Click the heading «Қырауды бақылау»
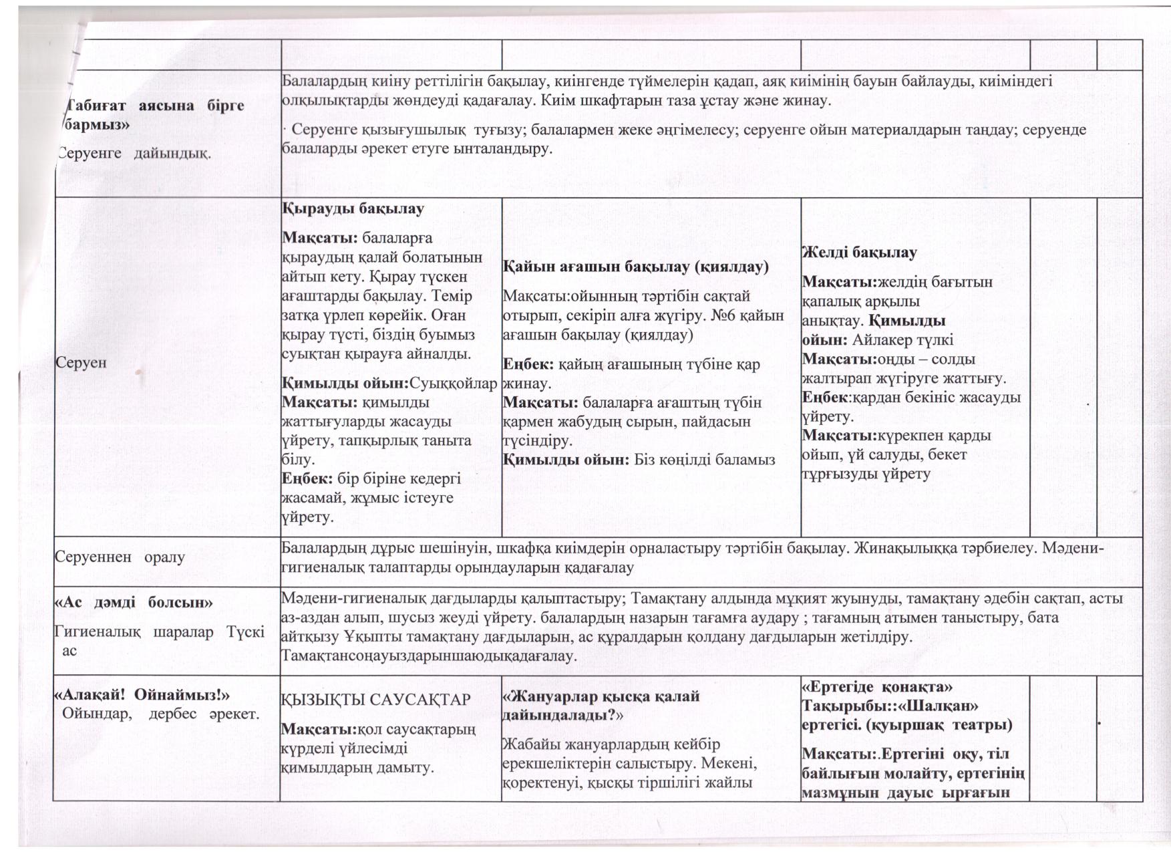[353, 208]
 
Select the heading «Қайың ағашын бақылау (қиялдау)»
[635, 267]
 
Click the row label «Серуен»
[81, 363]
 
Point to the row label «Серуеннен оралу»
[120, 557]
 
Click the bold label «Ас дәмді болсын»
[133, 603]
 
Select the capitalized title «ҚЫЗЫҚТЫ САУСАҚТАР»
[376, 700]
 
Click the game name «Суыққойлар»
[454, 384]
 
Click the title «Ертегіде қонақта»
[878, 686]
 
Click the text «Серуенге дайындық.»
[134, 153]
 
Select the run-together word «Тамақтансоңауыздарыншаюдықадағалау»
[428, 656]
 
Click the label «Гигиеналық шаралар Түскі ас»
[159, 640]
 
